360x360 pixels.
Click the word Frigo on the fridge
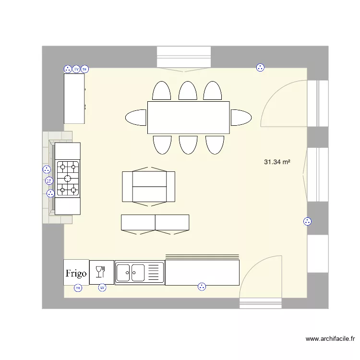tap(76, 274)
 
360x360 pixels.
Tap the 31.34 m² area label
tap(277, 162)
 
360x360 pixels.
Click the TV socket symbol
tap(76, 69)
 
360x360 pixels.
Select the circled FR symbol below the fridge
tap(78, 288)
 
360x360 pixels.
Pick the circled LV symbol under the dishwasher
tap(102, 288)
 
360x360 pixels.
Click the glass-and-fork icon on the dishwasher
tap(101, 272)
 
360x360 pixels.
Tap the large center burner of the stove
tap(68, 179)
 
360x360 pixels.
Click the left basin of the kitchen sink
tap(123, 273)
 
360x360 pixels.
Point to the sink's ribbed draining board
tap(154, 273)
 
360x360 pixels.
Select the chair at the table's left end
tap(136, 118)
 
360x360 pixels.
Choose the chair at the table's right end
tap(241, 118)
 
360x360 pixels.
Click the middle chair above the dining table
tap(188, 91)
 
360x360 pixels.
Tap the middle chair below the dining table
tap(188, 144)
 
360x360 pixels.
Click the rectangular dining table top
tap(188, 118)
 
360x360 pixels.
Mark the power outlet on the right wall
tap(307, 221)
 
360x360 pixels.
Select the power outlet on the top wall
tap(260, 68)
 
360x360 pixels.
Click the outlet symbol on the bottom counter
tap(202, 287)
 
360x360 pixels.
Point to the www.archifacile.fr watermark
tap(330, 339)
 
